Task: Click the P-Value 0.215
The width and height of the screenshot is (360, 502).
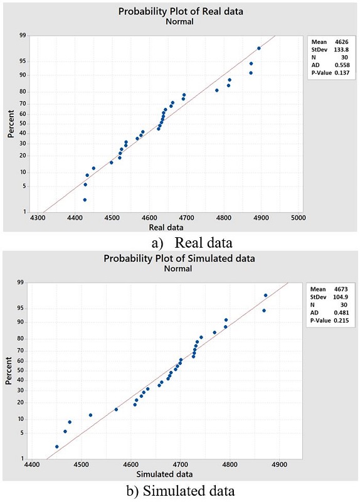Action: tap(336, 321)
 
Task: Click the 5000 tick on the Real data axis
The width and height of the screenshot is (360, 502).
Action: tap(298, 218)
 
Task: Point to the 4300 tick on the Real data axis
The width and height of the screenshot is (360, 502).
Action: tap(38, 218)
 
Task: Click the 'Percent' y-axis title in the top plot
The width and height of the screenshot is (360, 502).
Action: tap(11, 123)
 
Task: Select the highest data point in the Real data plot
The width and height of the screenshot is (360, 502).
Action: tap(259, 48)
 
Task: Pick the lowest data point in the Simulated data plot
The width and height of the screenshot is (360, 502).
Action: tap(57, 447)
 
